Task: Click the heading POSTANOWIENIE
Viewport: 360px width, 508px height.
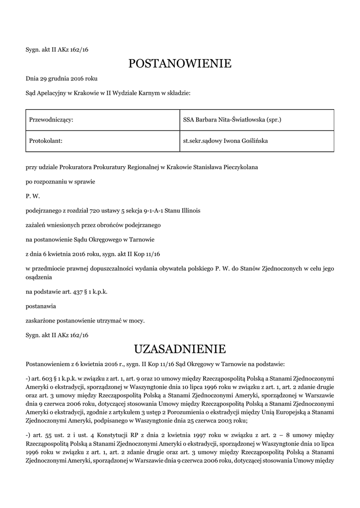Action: pos(180,63)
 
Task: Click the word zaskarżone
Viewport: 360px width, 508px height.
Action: pos(42,321)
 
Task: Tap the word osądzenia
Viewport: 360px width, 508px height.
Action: pos(39,278)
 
